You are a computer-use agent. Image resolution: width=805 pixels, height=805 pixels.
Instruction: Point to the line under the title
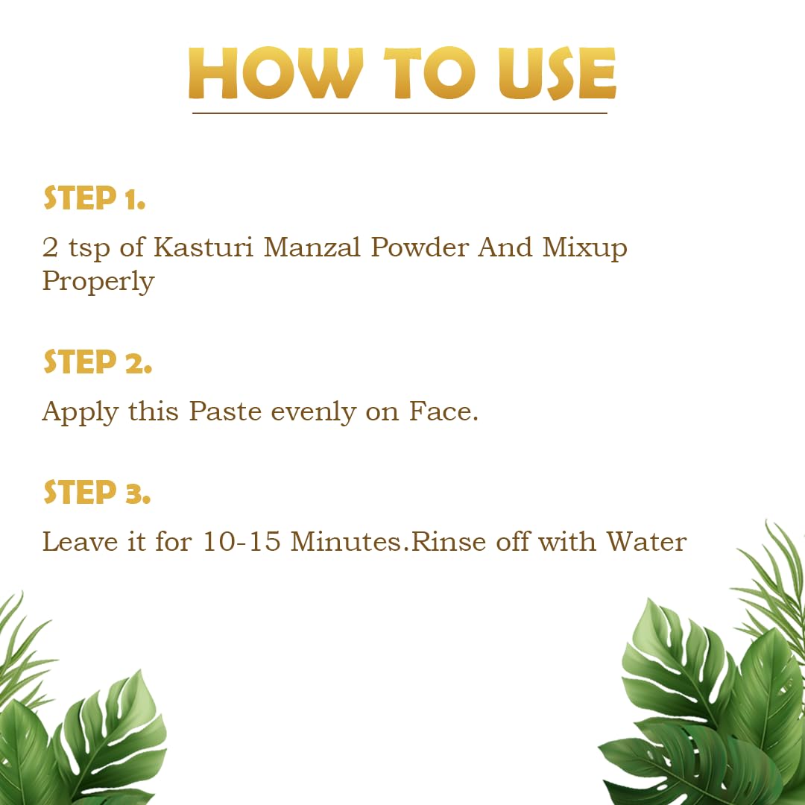pyautogui.click(x=400, y=113)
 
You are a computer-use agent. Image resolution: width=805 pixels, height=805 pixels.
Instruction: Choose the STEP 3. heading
pyautogui.click(x=97, y=493)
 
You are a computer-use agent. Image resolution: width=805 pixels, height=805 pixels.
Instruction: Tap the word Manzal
pyautogui.click(x=312, y=247)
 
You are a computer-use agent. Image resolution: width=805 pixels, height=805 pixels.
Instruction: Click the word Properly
pyautogui.click(x=98, y=282)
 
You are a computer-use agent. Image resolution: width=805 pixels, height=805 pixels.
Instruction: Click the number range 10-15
pyautogui.click(x=241, y=542)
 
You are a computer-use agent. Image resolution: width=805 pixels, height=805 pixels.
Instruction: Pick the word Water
pyautogui.click(x=645, y=542)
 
